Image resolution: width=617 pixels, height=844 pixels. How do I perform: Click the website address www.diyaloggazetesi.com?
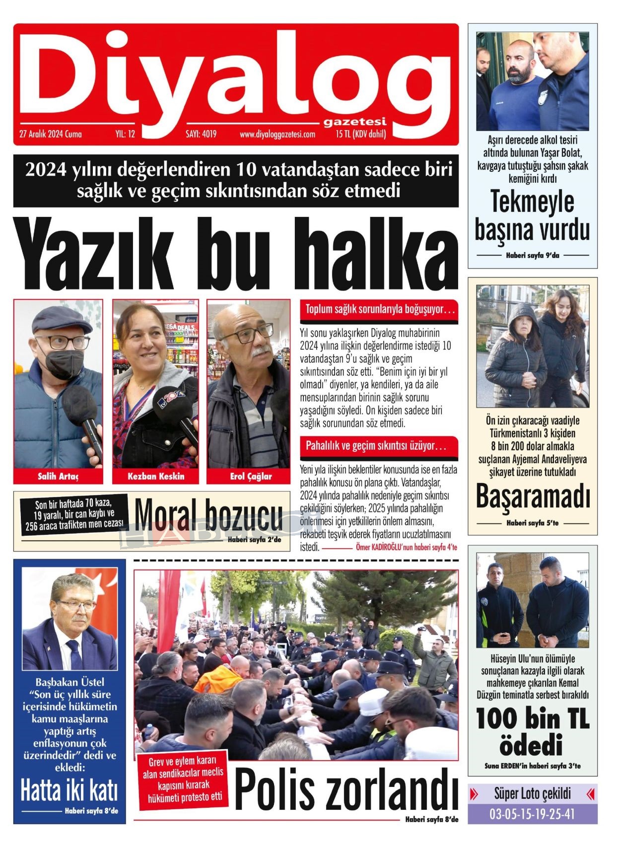click(277, 134)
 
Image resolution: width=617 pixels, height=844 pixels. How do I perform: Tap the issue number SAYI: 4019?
click(201, 134)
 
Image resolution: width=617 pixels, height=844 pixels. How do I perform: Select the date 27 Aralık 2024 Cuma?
click(50, 134)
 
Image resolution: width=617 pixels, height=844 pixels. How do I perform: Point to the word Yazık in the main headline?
click(94, 254)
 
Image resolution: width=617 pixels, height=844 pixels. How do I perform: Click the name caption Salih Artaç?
click(58, 476)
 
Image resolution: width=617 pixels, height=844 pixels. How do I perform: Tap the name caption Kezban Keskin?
click(155, 476)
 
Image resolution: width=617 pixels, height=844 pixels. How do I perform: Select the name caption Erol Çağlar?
click(251, 476)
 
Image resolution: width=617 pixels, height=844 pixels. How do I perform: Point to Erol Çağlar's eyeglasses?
click(248, 333)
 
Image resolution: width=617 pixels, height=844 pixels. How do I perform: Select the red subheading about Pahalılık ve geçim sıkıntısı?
click(376, 446)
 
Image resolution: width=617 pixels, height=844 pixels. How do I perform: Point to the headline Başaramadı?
click(533, 496)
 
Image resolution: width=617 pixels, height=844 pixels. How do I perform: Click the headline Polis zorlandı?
click(345, 789)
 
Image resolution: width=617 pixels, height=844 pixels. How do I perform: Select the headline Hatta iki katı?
click(69, 790)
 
